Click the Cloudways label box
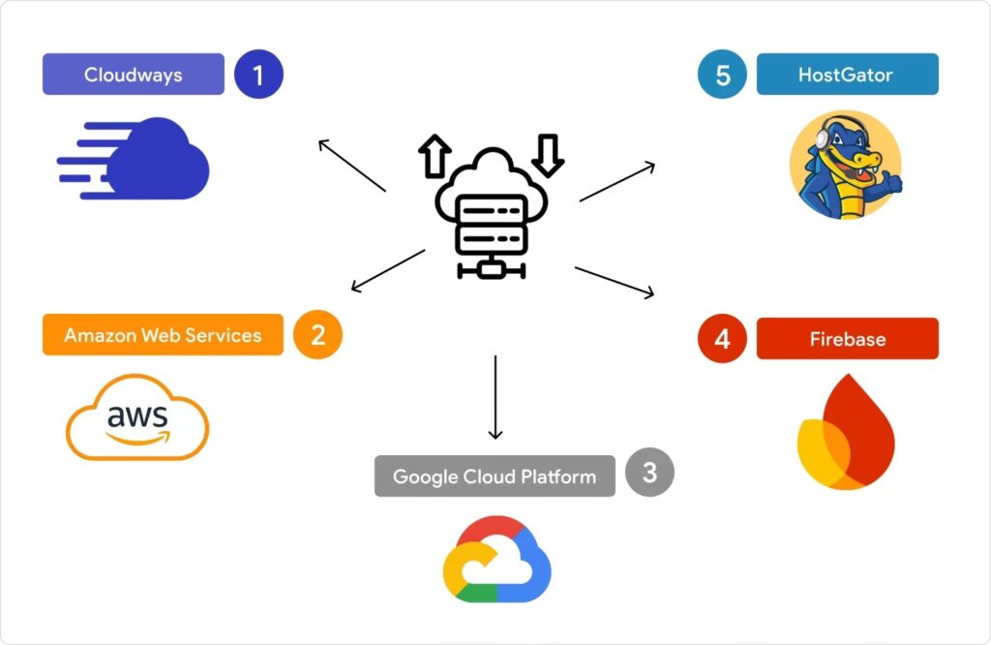(134, 75)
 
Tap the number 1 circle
(258, 75)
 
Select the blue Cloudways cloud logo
(135, 158)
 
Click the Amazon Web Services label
(163, 335)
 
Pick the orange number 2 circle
(318, 335)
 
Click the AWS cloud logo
(137, 417)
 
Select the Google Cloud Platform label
(495, 476)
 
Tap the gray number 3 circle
(649, 473)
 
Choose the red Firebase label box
(847, 339)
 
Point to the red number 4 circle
(722, 340)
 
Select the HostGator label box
(847, 75)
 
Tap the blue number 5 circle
(722, 75)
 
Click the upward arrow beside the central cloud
(435, 155)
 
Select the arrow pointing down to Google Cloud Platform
(495, 397)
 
